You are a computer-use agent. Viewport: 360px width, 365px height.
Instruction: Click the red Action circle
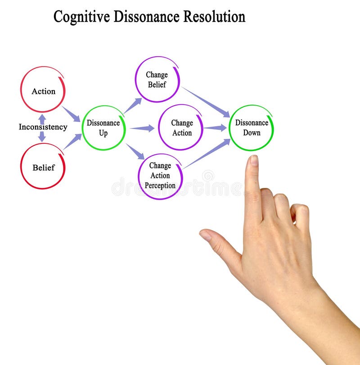43,89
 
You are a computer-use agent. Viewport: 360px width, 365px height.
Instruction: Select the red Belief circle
43,166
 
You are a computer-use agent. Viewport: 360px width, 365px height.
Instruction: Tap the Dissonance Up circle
103,128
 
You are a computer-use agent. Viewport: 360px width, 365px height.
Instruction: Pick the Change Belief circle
157,80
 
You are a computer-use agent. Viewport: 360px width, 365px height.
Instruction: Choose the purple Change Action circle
181,127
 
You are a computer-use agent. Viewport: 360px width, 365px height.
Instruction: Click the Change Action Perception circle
160,176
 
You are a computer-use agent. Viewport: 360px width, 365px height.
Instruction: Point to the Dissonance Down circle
251,128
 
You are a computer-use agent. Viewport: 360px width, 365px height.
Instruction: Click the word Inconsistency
43,127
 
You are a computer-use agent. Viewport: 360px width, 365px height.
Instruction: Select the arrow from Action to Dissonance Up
71,114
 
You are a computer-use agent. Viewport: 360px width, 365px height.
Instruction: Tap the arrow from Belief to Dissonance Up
72,142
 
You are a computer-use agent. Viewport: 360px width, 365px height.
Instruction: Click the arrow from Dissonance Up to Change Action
142,129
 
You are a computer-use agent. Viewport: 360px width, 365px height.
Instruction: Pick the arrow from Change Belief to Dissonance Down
206,102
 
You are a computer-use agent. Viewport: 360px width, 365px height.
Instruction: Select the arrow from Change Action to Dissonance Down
215,128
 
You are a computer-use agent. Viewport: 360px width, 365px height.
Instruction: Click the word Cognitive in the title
81,17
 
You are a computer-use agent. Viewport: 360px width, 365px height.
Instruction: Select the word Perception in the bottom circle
160,186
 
